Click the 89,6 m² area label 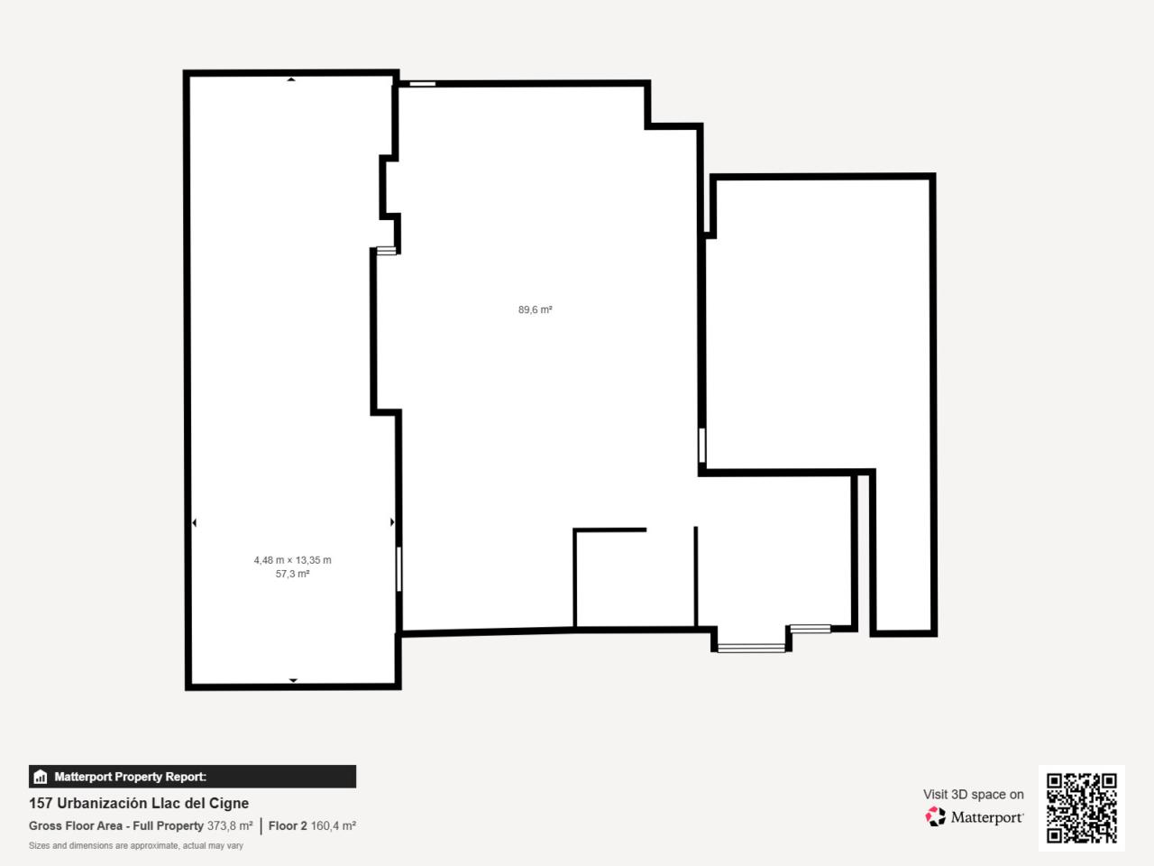point(535,309)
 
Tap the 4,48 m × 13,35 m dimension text point(292,560)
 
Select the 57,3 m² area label point(292,574)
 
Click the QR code point(1082,808)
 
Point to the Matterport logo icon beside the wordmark point(935,816)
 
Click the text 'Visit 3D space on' point(973,795)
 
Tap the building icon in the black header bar point(41,777)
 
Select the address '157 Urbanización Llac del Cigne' point(139,804)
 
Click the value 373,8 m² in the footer point(230,825)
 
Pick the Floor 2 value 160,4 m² point(334,825)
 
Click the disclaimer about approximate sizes point(136,845)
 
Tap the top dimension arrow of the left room point(290,79)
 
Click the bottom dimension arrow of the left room point(293,680)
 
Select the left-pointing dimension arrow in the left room point(195,522)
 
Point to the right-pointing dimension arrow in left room point(392,522)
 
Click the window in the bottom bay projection point(751,649)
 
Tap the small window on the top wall point(423,84)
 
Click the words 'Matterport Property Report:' point(131,777)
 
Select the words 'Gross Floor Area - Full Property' point(116,825)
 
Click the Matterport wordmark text point(987,817)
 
